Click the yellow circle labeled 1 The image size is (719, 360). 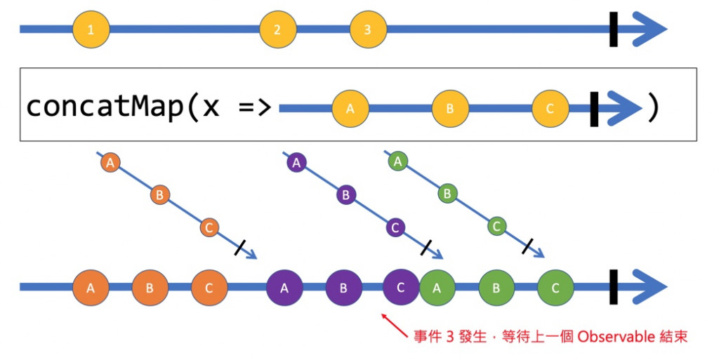click(91, 29)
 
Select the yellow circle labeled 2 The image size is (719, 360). click(277, 29)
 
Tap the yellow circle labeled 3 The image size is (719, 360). click(368, 29)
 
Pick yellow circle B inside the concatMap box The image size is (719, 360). click(450, 108)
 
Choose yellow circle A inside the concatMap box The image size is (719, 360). click(351, 108)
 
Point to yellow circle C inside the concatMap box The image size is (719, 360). click(550, 108)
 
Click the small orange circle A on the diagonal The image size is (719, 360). click(110, 163)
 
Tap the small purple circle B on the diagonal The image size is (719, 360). click(345, 194)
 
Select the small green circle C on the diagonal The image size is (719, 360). click(496, 226)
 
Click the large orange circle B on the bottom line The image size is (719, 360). click(150, 287)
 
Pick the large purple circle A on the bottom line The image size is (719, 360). click(284, 287)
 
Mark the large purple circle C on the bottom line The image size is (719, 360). click(401, 287)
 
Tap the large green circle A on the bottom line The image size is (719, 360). click(437, 287)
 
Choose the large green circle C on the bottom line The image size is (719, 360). click(555, 287)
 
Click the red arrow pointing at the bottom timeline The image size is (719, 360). click(395, 326)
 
